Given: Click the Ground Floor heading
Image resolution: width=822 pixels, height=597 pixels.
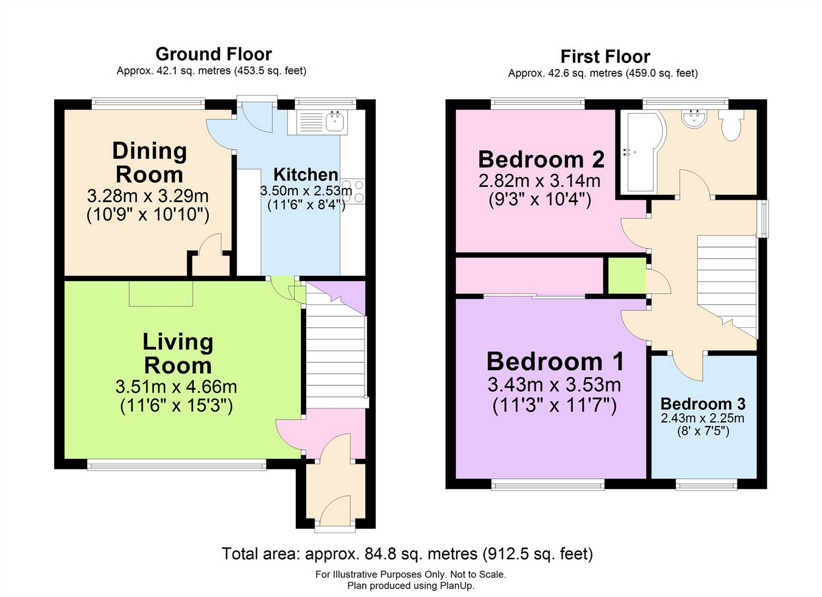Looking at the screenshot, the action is click(x=214, y=54).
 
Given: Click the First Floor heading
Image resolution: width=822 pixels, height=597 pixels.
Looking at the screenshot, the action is click(x=605, y=57).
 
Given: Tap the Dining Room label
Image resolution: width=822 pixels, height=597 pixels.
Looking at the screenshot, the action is click(x=149, y=162).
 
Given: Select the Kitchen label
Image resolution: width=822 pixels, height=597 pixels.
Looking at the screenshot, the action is click(x=306, y=175).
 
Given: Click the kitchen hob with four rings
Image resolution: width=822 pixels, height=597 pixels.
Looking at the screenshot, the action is click(x=353, y=190).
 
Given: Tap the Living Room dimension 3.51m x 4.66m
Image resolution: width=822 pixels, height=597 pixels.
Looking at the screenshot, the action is click(x=176, y=387).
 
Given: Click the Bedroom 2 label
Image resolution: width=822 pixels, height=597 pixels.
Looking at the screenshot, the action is click(x=541, y=159).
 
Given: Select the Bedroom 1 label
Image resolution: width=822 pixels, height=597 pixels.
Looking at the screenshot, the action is click(x=555, y=361).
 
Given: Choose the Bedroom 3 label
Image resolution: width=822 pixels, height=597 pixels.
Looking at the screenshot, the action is click(x=703, y=403).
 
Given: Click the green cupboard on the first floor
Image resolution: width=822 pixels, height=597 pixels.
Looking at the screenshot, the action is click(x=627, y=276).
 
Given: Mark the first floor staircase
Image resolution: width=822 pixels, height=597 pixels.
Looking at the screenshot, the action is click(x=726, y=286).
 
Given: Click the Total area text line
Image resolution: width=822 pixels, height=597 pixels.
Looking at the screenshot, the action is click(x=407, y=554).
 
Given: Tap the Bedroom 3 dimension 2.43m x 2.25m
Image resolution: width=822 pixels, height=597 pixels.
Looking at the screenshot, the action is click(x=703, y=419).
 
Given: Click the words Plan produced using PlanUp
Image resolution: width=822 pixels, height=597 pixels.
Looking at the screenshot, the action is click(x=410, y=586).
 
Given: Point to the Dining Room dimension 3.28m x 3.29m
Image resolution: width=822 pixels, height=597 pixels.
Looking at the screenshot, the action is click(x=148, y=196).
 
